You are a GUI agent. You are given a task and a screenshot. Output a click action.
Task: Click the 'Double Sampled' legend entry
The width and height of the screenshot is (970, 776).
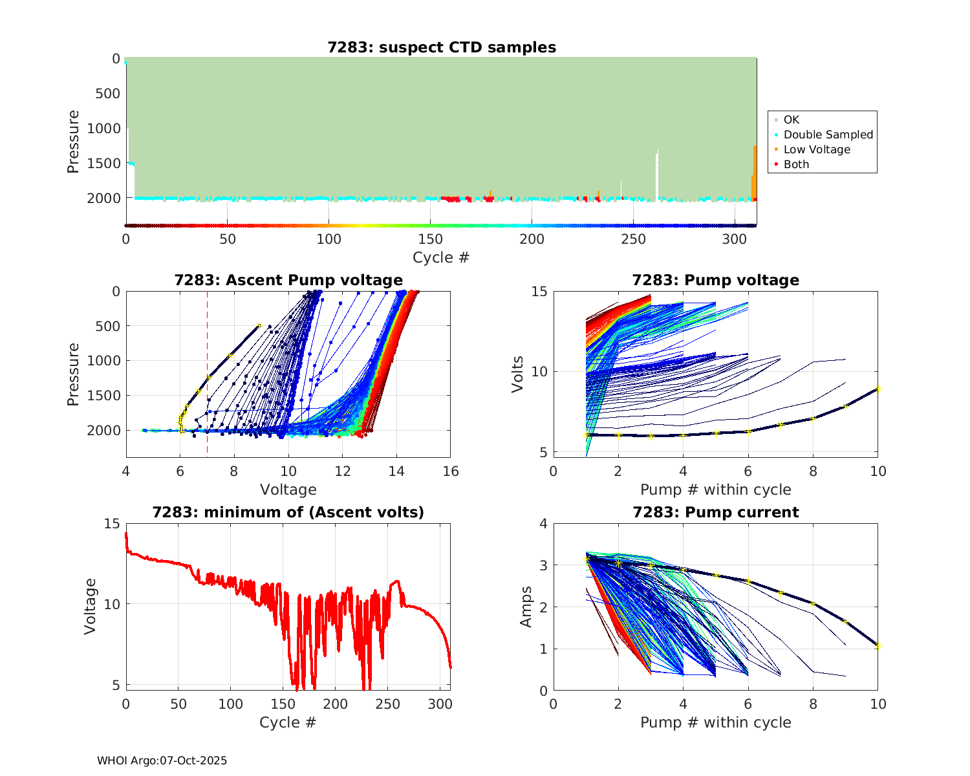pyautogui.click(x=828, y=135)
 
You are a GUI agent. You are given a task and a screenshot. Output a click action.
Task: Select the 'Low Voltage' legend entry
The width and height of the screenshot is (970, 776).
pyautogui.click(x=816, y=149)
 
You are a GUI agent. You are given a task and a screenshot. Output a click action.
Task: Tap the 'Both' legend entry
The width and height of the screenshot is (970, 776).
pyautogui.click(x=796, y=164)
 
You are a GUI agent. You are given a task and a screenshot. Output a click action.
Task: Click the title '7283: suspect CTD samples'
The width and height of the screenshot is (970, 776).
pyautogui.click(x=442, y=47)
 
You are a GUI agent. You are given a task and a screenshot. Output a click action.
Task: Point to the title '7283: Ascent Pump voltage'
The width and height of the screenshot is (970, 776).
pyautogui.click(x=288, y=280)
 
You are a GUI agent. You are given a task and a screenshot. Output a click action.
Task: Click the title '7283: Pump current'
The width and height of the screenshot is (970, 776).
pyautogui.click(x=715, y=512)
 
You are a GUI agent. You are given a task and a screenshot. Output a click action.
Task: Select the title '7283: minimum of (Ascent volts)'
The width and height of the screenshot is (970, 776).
pyautogui.click(x=288, y=512)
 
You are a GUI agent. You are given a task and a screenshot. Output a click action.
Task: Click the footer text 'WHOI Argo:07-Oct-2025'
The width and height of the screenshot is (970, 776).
pyautogui.click(x=162, y=760)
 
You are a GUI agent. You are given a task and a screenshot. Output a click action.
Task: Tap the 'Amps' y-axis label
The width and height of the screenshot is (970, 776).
pyautogui.click(x=526, y=607)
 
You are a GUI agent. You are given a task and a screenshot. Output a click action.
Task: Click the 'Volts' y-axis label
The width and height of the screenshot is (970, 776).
pyautogui.click(x=517, y=374)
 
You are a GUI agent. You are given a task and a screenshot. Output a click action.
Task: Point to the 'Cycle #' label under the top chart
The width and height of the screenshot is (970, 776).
pyautogui.click(x=441, y=257)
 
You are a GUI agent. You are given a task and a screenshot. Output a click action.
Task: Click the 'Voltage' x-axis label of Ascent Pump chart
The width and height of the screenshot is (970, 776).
pyautogui.click(x=288, y=490)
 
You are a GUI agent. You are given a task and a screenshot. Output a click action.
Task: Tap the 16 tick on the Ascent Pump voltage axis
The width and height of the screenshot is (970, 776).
pyautogui.click(x=451, y=471)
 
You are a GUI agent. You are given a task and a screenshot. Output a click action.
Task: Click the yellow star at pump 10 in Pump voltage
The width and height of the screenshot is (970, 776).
pyautogui.click(x=878, y=389)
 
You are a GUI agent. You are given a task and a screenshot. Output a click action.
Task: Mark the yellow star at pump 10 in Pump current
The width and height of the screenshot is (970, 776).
pyautogui.click(x=878, y=646)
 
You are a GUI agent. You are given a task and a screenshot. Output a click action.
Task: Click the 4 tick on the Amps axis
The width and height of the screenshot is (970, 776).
pyautogui.click(x=543, y=524)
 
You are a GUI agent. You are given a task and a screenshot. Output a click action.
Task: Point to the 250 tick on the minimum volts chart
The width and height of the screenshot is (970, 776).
pyautogui.click(x=388, y=704)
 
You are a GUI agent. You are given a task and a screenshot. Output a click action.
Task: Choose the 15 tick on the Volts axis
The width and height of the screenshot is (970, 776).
pyautogui.click(x=539, y=292)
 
